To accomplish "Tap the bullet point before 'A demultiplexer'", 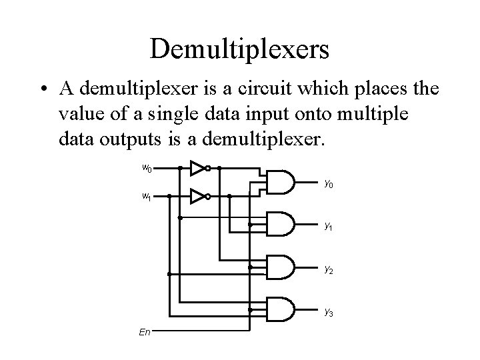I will [41, 90].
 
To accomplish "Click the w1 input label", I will [146, 197].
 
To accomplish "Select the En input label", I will [145, 331].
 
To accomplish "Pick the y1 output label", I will [329, 227].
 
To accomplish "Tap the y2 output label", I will [329, 269].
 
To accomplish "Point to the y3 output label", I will [329, 311].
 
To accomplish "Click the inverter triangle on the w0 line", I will [197, 168].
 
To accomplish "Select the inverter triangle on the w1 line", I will [197, 197].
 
